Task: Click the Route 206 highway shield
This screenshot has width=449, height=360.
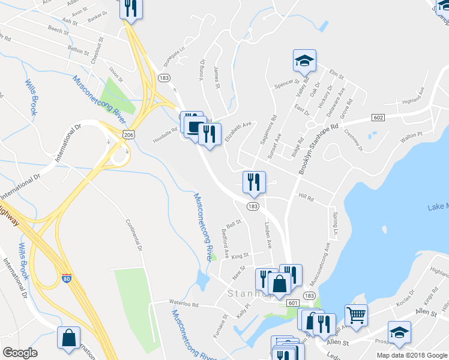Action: click(128, 136)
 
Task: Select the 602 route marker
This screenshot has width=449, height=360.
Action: click(378, 117)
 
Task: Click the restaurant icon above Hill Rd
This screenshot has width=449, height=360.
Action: click(253, 181)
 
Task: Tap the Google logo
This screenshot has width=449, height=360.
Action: click(20, 353)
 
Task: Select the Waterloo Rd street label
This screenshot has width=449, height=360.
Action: click(175, 304)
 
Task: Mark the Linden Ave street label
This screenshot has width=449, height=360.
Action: click(269, 236)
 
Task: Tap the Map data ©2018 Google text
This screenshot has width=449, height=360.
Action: click(411, 355)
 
